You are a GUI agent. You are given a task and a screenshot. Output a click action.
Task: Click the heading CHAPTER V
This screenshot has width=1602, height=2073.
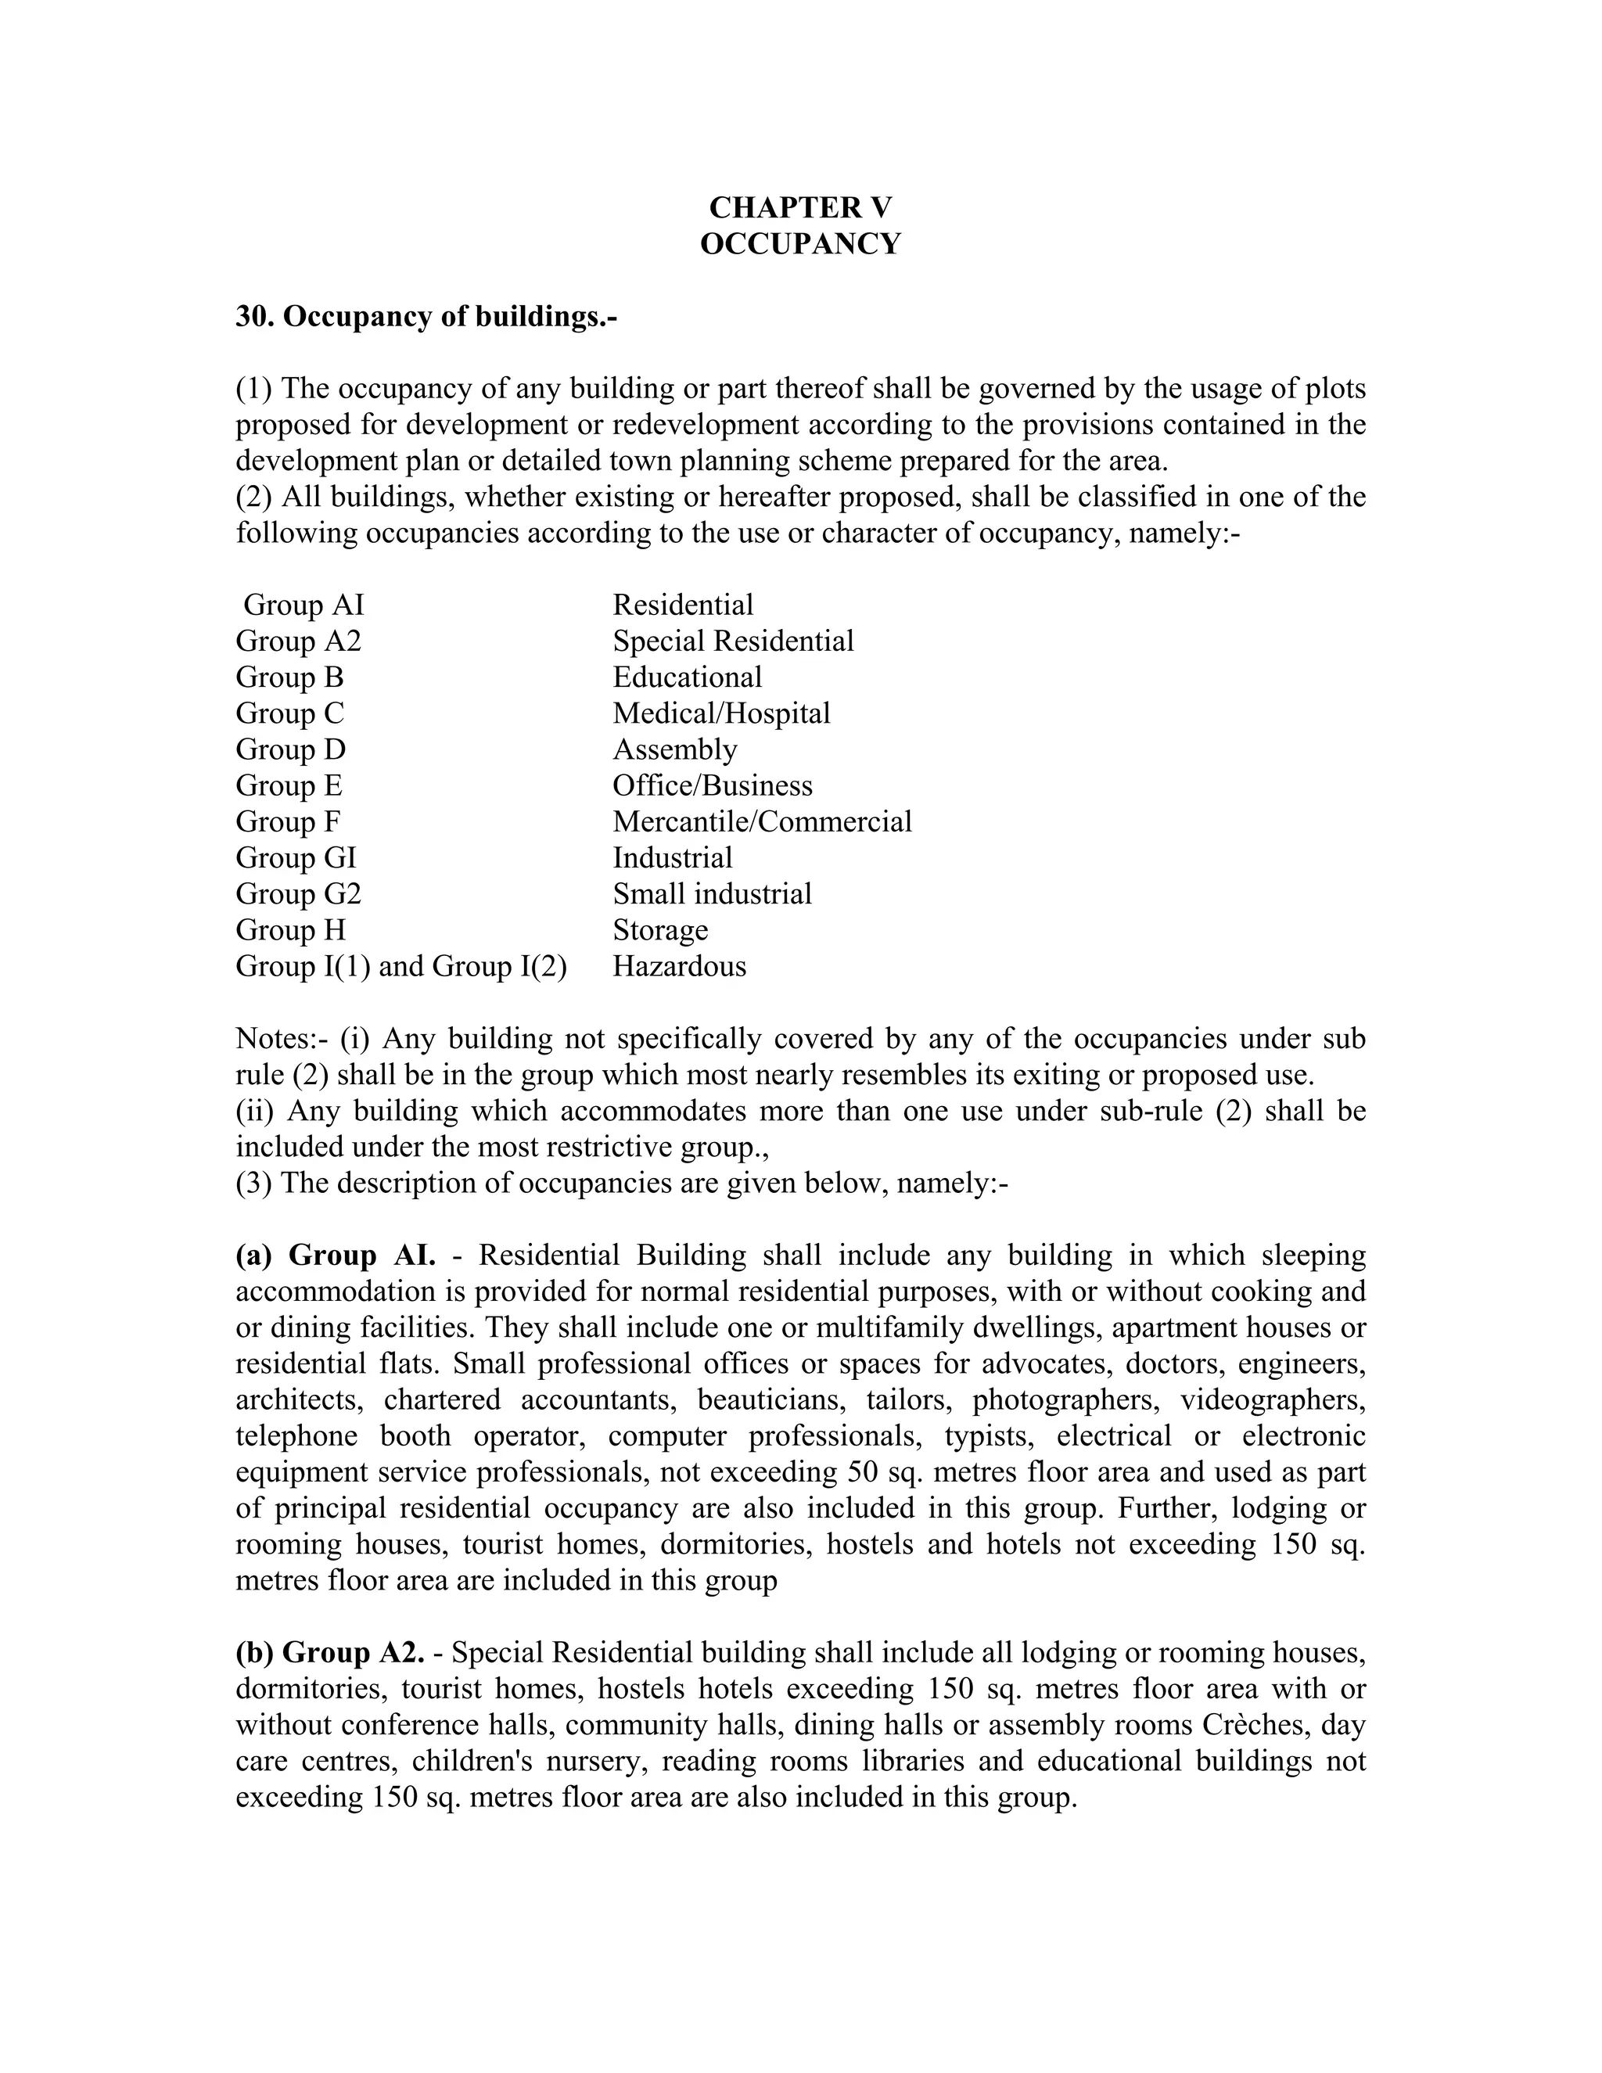pos(800,208)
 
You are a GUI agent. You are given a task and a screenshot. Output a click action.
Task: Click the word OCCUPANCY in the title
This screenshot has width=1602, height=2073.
pos(800,244)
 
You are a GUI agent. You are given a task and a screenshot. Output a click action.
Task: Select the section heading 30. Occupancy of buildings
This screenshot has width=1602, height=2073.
pos(426,316)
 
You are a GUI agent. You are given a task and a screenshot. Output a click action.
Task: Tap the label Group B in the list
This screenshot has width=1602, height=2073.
pos(289,677)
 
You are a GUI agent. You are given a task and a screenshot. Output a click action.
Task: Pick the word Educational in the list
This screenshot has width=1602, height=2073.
pos(687,677)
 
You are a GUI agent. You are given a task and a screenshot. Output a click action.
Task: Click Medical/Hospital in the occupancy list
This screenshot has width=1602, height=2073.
pos(721,713)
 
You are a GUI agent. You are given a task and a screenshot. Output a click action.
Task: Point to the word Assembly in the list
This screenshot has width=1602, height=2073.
pos(675,749)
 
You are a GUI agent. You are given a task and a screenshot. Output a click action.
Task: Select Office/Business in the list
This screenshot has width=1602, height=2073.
pos(713,785)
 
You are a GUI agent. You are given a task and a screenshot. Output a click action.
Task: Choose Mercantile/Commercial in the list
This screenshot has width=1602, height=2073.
pos(762,821)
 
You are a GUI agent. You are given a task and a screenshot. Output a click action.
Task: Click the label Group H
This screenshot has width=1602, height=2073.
pos(290,929)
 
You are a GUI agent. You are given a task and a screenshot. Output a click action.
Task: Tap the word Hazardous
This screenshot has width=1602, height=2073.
pos(680,966)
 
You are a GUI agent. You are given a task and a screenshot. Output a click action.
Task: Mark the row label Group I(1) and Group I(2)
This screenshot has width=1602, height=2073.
pos(401,966)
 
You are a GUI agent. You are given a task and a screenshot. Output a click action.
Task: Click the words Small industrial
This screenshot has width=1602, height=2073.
pos(713,894)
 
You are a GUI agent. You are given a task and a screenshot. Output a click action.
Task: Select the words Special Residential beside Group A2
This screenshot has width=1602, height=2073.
pos(733,641)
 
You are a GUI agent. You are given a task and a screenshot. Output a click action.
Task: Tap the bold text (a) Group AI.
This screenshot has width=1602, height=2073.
pos(335,1255)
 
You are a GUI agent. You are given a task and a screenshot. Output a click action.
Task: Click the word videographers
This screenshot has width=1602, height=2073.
pos(1273,1400)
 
